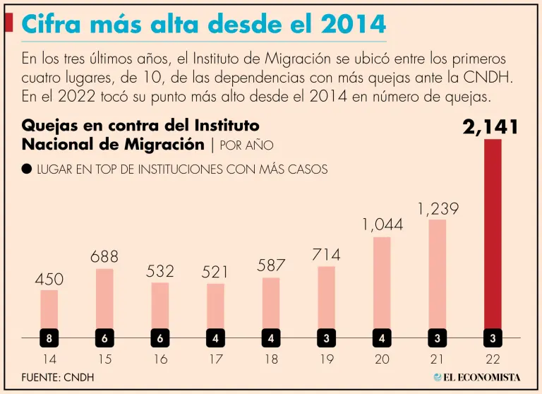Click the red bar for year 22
click(x=493, y=233)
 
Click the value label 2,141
click(x=491, y=127)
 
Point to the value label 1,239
click(x=438, y=209)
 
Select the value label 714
click(x=326, y=255)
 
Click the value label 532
click(x=160, y=271)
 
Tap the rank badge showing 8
click(x=49, y=338)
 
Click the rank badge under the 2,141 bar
click(x=493, y=338)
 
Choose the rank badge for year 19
click(x=326, y=338)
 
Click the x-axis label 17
click(x=215, y=359)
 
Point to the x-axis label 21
click(x=438, y=359)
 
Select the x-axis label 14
click(x=49, y=359)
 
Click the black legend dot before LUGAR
click(x=27, y=169)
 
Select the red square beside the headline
click(x=8, y=23)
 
